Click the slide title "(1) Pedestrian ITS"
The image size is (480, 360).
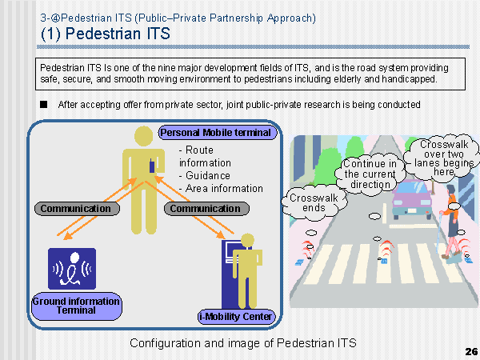[x=106, y=34]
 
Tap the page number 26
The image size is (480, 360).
[x=471, y=351]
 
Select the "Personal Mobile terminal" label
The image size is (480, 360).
[x=218, y=133]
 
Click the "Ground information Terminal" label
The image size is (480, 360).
[x=77, y=306]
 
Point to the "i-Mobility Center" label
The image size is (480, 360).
[x=236, y=316]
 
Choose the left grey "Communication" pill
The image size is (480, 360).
[x=77, y=209]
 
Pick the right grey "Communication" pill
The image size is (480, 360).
[x=206, y=209]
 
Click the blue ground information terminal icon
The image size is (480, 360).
[x=72, y=269]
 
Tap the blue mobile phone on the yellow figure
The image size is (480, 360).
[x=152, y=166]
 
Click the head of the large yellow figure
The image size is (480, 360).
[x=143, y=136]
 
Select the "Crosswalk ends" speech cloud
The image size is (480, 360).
[x=314, y=202]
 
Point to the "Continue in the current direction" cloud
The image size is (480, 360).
[x=370, y=174]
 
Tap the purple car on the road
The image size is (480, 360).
[x=412, y=199]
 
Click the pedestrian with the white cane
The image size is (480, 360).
[x=450, y=222]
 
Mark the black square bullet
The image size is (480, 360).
[x=43, y=104]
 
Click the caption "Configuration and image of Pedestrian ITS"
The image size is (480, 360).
[x=243, y=343]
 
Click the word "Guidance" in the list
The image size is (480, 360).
[x=208, y=175]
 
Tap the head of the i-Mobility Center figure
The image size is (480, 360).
[x=247, y=241]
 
